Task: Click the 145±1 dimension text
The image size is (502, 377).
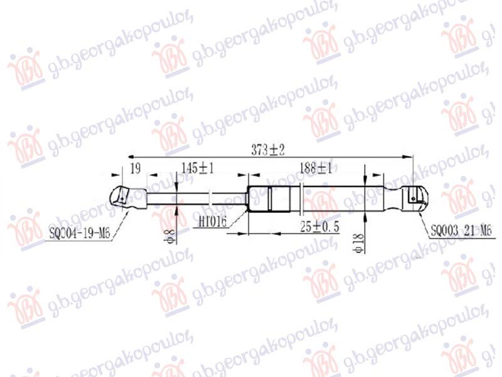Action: point(198,168)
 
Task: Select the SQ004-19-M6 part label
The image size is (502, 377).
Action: point(79,234)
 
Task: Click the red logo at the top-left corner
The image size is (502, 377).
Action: point(26,69)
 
